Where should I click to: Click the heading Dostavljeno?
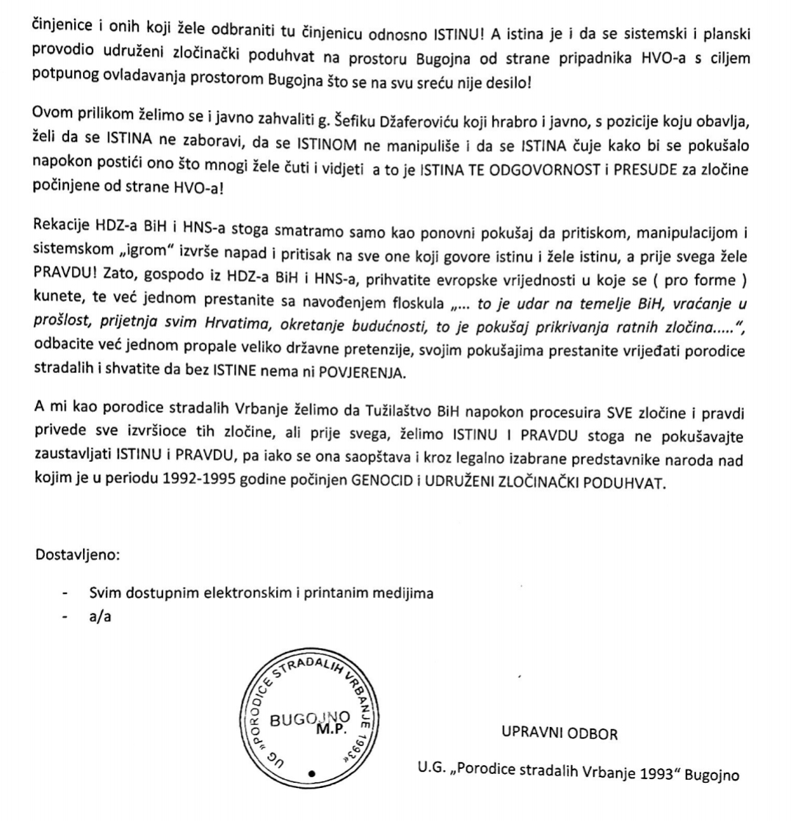[x=76, y=553]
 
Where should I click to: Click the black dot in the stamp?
[x=312, y=773]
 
